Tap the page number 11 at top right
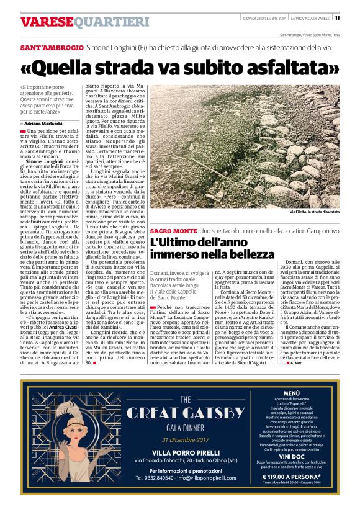pos(354,17)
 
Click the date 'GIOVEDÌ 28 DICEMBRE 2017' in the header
pos(268,17)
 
